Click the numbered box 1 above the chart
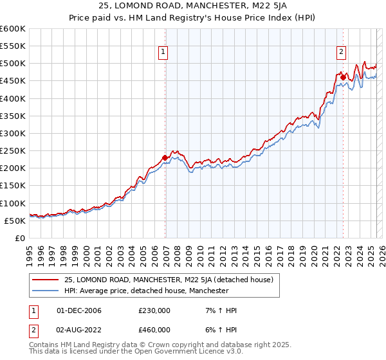pos(163,53)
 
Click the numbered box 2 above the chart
pos(341,53)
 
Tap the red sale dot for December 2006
pos(165,157)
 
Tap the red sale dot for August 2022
pos(343,77)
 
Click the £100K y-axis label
pos(13,203)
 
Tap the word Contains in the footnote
pos(44,345)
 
